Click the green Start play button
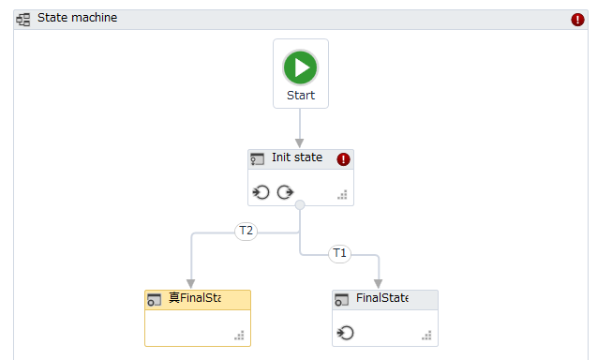[300, 67]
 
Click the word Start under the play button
[301, 95]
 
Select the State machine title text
[77, 18]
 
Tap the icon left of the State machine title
[23, 18]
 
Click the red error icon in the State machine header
[578, 19]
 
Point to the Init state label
[297, 157]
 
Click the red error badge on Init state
[343, 159]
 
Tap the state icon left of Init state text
[258, 159]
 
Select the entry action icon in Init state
[261, 193]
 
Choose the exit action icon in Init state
[285, 193]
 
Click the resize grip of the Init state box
[342, 195]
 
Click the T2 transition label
[246, 231]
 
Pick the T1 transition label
[340, 253]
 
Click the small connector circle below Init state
[300, 205]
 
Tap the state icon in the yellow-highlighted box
[155, 300]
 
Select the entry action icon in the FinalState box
[346, 333]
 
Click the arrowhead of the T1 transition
[379, 283]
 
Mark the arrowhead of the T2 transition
[190, 283]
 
